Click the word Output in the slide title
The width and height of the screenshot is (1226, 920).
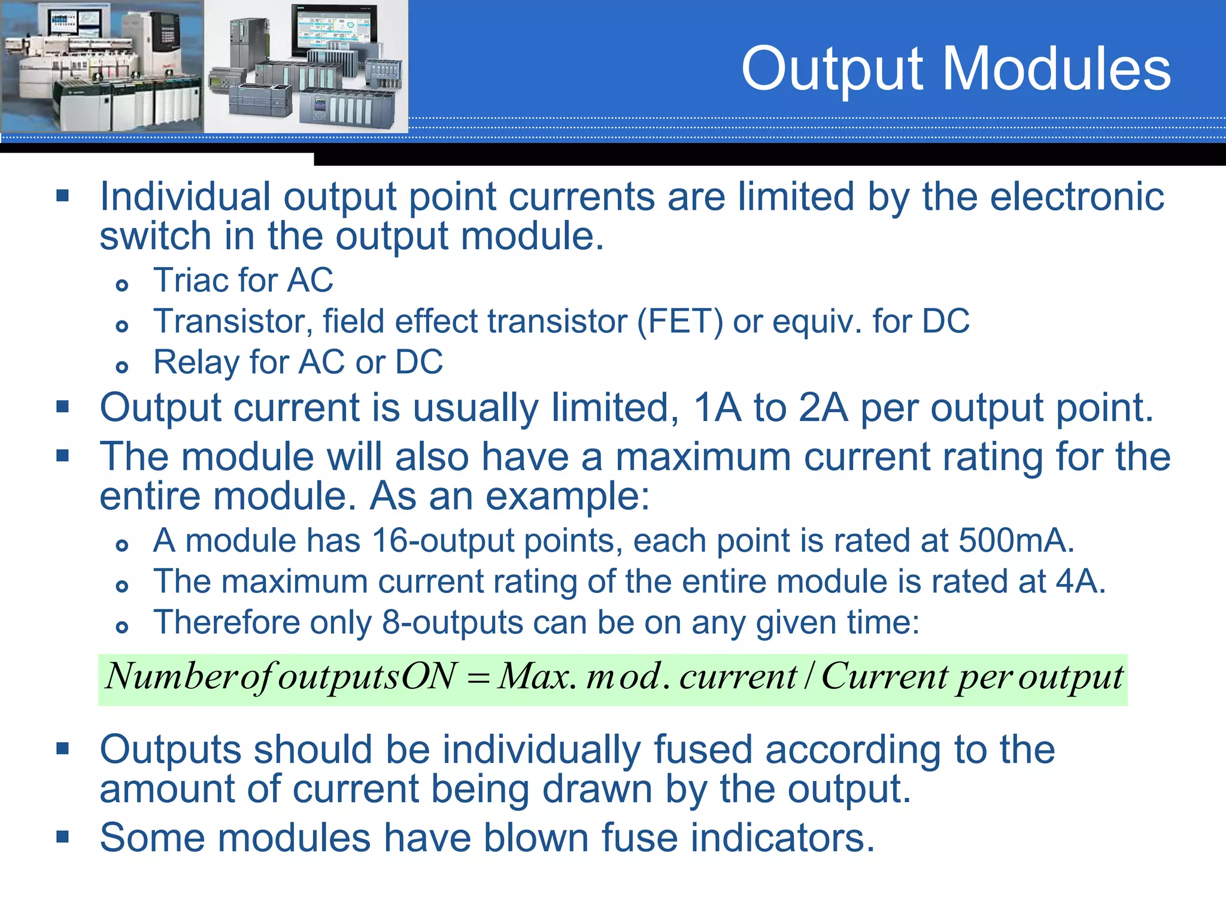coord(833,71)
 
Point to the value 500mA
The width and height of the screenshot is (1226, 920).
coord(1015,540)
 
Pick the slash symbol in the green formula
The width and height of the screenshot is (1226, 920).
coord(809,677)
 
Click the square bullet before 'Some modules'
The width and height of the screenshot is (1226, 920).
coord(63,836)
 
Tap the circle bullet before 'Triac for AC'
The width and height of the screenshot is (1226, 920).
coord(122,285)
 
